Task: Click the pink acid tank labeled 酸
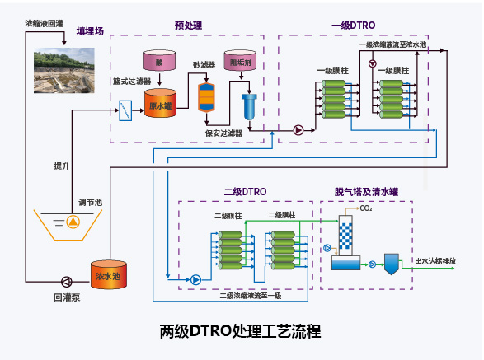pyautogui.click(x=159, y=60)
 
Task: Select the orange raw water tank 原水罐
pyautogui.click(x=160, y=103)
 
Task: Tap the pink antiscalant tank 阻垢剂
pyautogui.click(x=240, y=60)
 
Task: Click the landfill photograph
pyautogui.click(x=64, y=70)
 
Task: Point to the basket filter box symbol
pyautogui.click(x=125, y=110)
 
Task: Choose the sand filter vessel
pyautogui.click(x=206, y=97)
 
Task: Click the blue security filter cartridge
pyautogui.click(x=249, y=107)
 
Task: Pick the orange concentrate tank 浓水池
pyautogui.click(x=109, y=274)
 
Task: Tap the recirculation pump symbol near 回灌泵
pyautogui.click(x=67, y=282)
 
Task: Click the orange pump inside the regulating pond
pyautogui.click(x=73, y=222)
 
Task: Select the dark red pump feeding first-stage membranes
pyautogui.click(x=298, y=130)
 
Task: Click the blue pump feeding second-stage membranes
pyautogui.click(x=195, y=280)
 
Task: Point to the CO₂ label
pyautogui.click(x=366, y=208)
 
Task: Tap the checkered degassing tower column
pyautogui.click(x=345, y=236)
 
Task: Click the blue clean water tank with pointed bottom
pyautogui.click(x=392, y=264)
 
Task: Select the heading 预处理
pyautogui.click(x=188, y=26)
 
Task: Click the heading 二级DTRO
pyautogui.click(x=245, y=192)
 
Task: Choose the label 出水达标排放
pyautogui.click(x=435, y=261)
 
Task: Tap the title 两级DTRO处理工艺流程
pyautogui.click(x=240, y=331)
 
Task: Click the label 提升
pyautogui.click(x=62, y=166)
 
